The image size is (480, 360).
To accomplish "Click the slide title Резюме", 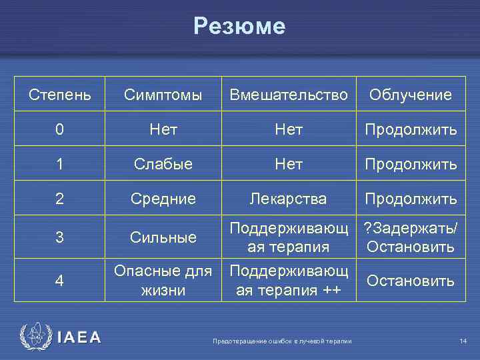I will (x=239, y=26).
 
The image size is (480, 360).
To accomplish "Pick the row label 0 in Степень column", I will (x=60, y=130).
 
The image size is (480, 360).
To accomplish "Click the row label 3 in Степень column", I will (x=60, y=237).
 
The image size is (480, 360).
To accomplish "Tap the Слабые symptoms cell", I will (x=163, y=164).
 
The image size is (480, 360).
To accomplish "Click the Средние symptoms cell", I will (x=163, y=199).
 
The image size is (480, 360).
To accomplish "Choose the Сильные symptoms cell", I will (x=163, y=237).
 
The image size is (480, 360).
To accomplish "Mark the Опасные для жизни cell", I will (x=163, y=281).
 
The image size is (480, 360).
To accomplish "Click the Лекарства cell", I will (x=289, y=199).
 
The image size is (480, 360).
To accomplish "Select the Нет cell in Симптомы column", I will (x=163, y=130).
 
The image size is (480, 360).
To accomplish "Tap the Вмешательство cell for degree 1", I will (x=289, y=164).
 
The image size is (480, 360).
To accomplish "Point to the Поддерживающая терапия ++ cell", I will (x=289, y=281).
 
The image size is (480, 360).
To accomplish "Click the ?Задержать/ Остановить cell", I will (x=411, y=237).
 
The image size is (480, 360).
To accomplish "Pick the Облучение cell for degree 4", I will (x=411, y=281).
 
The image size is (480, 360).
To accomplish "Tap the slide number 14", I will (x=463, y=342).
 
